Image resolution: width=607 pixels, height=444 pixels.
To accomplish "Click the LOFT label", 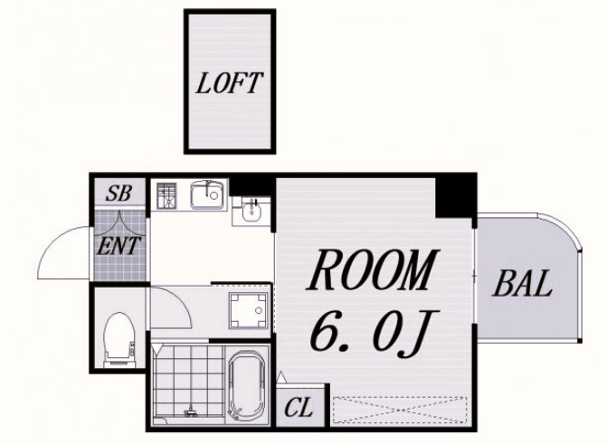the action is point(229,83).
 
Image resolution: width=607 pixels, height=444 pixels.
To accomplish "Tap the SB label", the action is point(119,193).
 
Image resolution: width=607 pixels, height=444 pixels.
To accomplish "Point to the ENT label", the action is point(118,245).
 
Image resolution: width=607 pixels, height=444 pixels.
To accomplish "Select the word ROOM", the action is point(373,269).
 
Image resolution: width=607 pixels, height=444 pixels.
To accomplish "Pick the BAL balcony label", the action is point(522,284).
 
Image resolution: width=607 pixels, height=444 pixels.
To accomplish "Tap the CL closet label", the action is point(299,408).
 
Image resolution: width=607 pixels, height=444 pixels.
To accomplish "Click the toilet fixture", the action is point(119,339).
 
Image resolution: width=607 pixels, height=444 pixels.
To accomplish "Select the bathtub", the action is point(248,386).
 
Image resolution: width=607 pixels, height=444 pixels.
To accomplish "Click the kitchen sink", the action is point(207,194).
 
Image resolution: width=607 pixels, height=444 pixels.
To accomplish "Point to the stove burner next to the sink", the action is point(166,194).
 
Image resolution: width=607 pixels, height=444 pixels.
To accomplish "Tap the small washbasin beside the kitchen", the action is point(251,210).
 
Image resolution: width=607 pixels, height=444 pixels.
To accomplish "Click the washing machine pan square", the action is point(248,311).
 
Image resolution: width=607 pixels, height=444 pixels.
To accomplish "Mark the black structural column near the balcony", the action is point(455,197).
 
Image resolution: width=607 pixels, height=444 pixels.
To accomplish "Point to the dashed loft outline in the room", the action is point(400,410).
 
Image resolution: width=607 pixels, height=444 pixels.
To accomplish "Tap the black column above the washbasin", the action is point(250,186).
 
